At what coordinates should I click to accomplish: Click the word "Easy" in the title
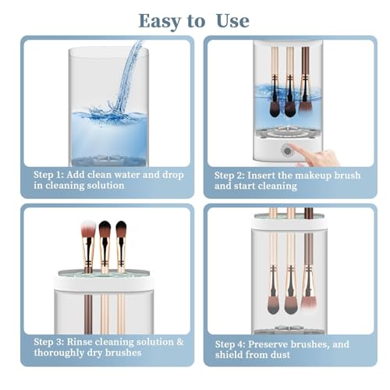point(160,20)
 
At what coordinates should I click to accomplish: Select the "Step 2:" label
point(232,175)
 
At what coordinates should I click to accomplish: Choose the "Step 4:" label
point(232,344)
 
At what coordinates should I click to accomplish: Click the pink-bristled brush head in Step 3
point(88,231)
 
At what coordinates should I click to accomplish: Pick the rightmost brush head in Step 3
point(121,231)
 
